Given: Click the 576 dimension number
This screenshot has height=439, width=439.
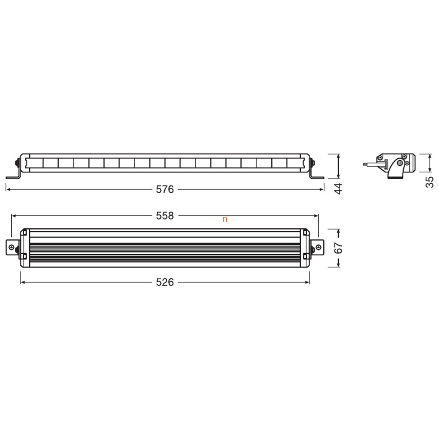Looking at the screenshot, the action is [165, 190].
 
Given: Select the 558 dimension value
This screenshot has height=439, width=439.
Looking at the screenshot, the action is [165, 216].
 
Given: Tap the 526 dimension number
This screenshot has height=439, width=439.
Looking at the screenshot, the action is [165, 282].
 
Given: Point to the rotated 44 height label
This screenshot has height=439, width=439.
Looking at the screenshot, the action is [339, 189].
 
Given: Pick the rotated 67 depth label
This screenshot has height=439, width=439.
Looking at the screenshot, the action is [339, 248].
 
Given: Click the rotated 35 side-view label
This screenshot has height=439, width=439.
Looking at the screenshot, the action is [430, 182].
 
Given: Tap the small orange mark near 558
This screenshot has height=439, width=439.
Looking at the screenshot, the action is [225, 220].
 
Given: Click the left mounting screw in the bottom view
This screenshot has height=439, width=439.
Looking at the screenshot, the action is [11, 247].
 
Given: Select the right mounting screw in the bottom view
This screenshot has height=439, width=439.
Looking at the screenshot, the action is [318, 247].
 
